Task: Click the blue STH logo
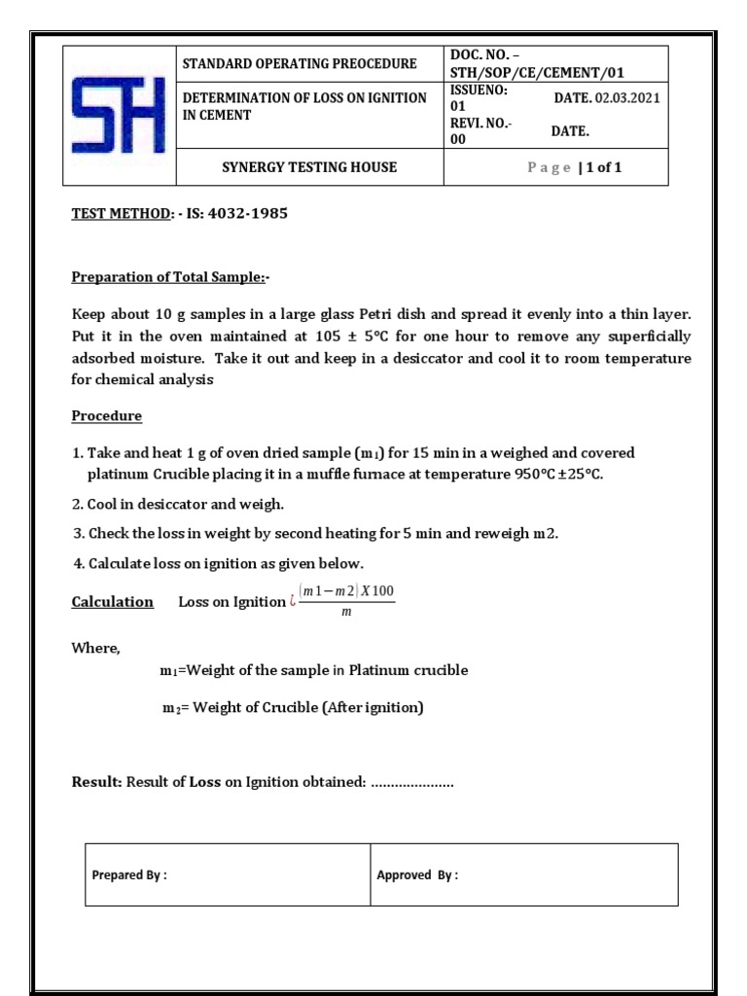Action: coord(119,115)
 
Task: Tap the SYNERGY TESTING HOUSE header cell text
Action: coord(309,167)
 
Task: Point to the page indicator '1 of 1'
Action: coord(602,167)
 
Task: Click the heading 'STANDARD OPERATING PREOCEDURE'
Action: coord(300,64)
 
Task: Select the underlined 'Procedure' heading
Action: coord(107,416)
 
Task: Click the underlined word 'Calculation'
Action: coord(113,602)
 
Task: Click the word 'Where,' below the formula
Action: coord(93,649)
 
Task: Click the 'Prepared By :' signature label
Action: coord(129,875)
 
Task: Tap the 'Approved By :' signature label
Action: coord(417,875)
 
